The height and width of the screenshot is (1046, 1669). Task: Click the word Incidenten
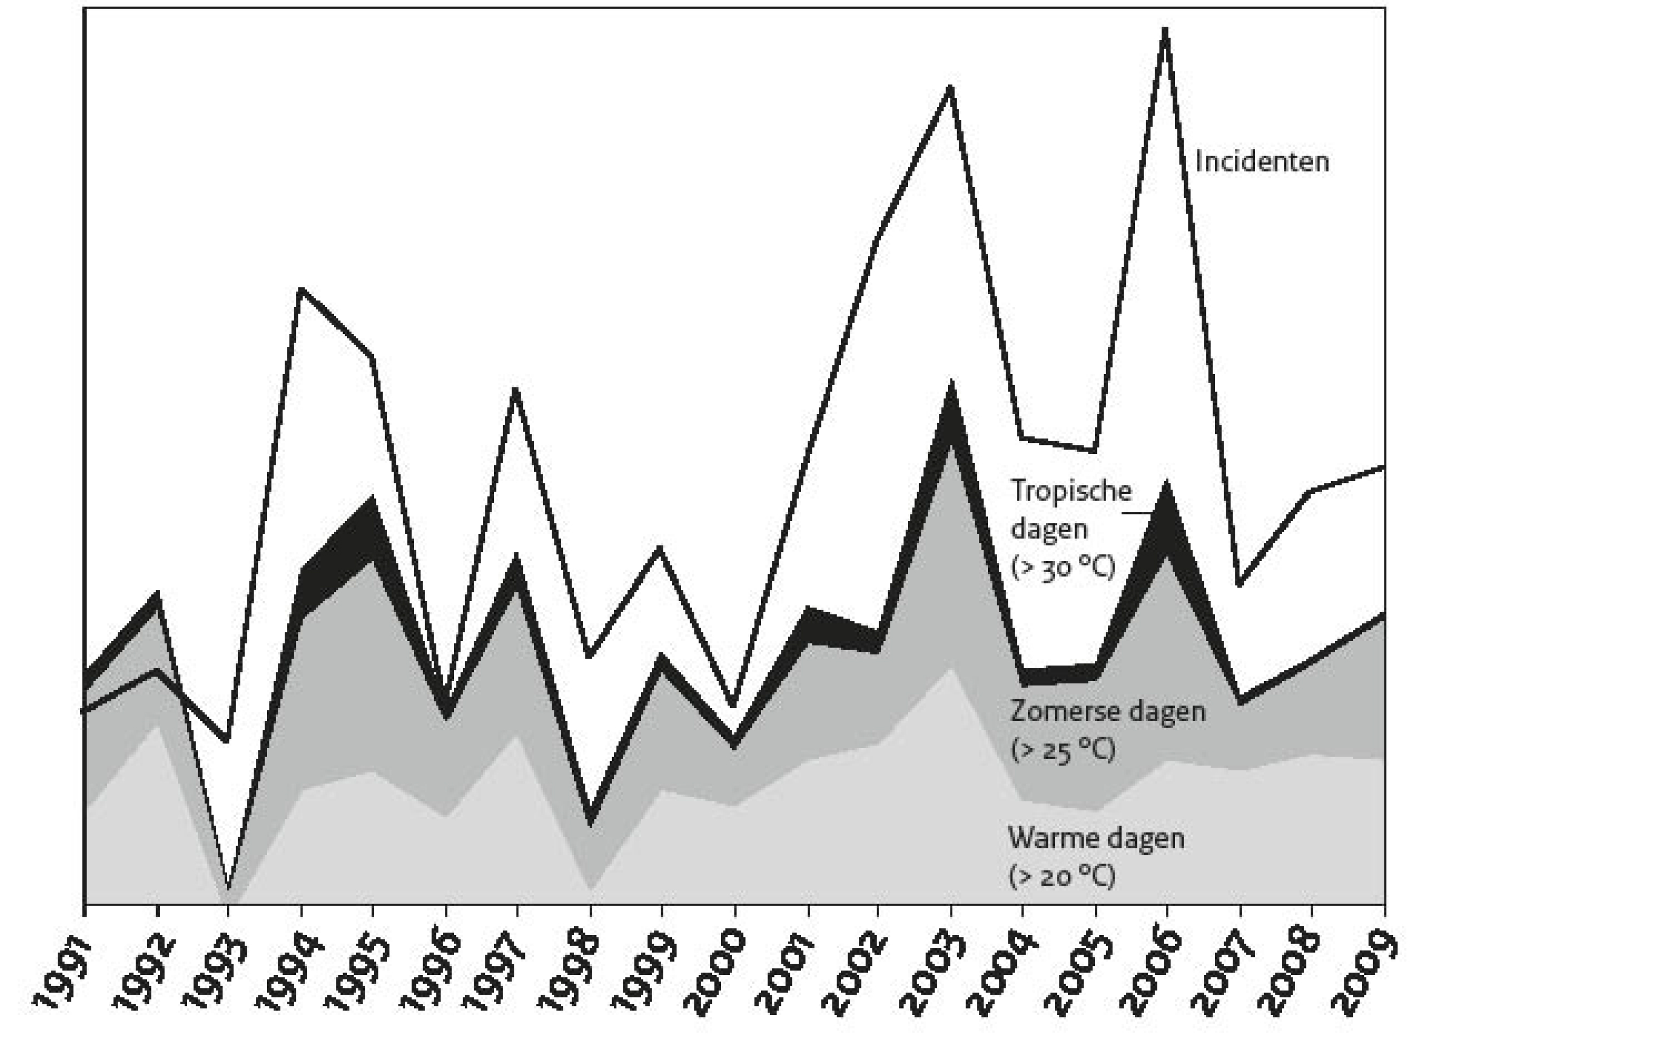pyautogui.click(x=1261, y=162)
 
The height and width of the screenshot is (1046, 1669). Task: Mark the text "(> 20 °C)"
pyautogui.click(x=1062, y=877)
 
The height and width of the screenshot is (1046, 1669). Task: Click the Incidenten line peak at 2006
pyautogui.click(x=1165, y=31)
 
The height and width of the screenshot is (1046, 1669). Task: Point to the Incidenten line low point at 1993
pyautogui.click(x=227, y=740)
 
